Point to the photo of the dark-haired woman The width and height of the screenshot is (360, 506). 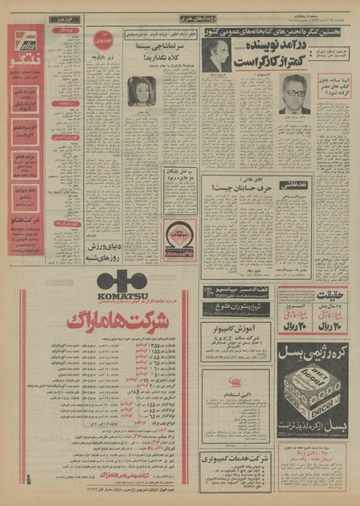coord(141,91)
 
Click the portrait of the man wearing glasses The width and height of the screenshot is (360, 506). coord(293,94)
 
